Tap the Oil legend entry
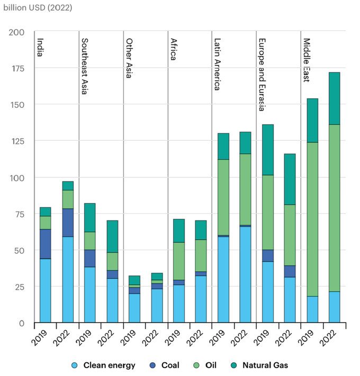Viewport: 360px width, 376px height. (x=210, y=365)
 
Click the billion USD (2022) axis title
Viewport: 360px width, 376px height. (x=37, y=8)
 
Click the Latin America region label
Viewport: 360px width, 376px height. (x=217, y=63)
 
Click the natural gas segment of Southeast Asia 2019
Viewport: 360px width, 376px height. (x=89, y=217)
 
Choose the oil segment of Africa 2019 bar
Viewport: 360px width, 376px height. (x=178, y=261)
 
